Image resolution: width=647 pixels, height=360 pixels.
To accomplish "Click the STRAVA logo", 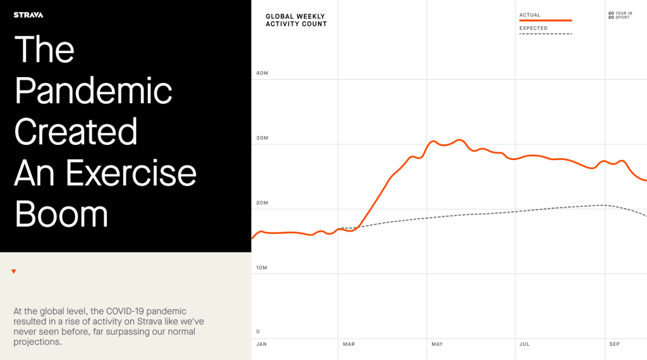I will click(28, 15).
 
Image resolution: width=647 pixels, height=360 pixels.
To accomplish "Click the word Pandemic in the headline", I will click(93, 91).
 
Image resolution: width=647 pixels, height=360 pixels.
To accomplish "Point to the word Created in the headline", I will click(76, 132).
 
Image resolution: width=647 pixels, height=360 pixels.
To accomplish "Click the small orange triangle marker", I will click(14, 271).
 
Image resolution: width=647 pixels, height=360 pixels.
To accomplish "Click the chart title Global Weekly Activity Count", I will click(296, 20).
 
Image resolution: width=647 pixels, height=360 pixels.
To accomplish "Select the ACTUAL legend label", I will click(530, 15).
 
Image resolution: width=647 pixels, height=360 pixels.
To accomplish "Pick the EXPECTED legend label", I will click(533, 28).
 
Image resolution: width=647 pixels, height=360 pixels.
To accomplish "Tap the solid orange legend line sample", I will click(545, 21).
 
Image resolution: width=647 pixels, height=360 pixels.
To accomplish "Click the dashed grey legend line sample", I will click(545, 34).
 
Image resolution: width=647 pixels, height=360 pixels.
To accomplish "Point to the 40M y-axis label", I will click(262, 73).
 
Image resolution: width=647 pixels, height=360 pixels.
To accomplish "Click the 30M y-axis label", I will click(262, 138).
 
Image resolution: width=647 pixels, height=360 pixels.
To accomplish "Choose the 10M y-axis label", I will click(262, 268).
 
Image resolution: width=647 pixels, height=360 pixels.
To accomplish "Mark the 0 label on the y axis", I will click(258, 332).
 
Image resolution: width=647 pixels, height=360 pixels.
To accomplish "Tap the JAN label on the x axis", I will click(261, 344).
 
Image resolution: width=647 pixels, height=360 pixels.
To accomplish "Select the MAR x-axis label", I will click(348, 344).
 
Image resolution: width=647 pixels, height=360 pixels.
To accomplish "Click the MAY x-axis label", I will click(437, 344).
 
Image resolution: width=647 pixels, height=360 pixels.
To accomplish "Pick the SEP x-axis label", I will click(614, 344).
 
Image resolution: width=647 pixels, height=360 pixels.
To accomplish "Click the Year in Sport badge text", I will click(620, 15).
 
